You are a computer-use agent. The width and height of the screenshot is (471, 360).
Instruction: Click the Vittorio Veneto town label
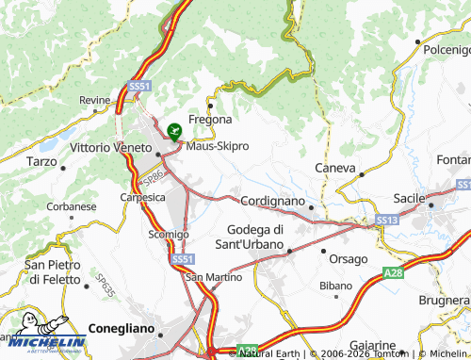tap(111, 148)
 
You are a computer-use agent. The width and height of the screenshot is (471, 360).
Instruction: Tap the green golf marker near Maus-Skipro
tap(173, 132)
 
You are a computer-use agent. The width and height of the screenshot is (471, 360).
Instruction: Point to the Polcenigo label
tap(447, 49)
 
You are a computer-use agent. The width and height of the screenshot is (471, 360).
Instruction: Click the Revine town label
tap(95, 101)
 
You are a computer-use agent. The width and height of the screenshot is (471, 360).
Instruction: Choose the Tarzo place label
tap(42, 161)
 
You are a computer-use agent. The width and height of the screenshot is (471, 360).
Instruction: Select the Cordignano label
tap(272, 202)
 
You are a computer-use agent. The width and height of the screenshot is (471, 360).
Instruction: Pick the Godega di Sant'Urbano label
tap(255, 237)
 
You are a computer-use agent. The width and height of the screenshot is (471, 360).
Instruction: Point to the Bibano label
tap(334, 284)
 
